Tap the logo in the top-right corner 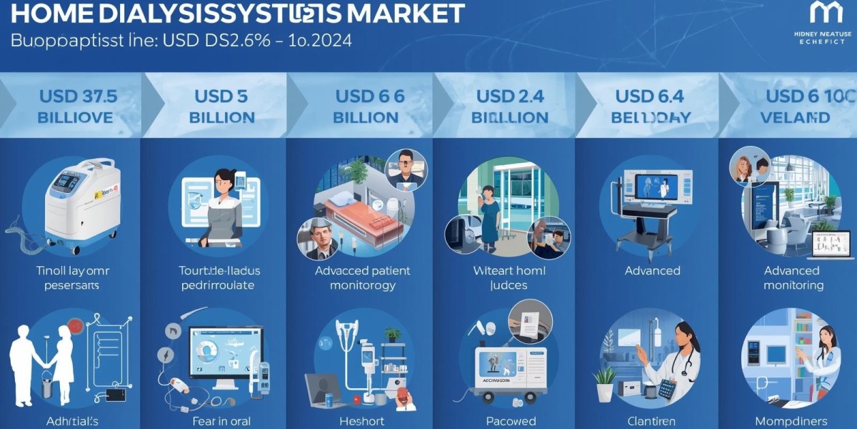click(x=822, y=13)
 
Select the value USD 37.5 click(x=78, y=96)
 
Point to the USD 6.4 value click(x=650, y=96)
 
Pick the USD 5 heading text click(x=221, y=96)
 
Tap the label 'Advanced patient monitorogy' click(x=362, y=277)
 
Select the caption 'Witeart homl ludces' click(x=508, y=277)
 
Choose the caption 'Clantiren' click(x=651, y=421)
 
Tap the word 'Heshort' click(x=362, y=421)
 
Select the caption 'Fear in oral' click(x=221, y=421)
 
